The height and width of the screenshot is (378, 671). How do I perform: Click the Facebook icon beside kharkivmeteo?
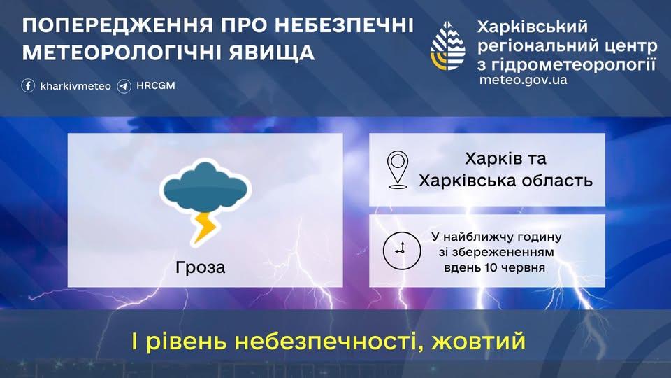(x=28, y=85)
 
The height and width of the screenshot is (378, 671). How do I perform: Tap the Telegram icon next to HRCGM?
(x=124, y=85)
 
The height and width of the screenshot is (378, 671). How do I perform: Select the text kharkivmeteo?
(x=75, y=86)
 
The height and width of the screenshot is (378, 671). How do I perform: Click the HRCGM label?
(x=156, y=85)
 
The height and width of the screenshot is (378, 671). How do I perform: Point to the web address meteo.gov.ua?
(x=523, y=80)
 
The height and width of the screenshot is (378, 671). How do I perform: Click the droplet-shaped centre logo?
(x=447, y=45)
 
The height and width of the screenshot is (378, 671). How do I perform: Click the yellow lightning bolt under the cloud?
(x=204, y=227)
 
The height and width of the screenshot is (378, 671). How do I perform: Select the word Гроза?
(x=201, y=267)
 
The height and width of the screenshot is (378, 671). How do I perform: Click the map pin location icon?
(x=398, y=169)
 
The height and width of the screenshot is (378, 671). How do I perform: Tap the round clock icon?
(x=402, y=251)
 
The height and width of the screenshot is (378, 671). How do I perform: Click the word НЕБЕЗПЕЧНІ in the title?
(x=344, y=25)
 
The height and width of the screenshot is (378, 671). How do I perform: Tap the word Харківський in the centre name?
(x=533, y=27)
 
